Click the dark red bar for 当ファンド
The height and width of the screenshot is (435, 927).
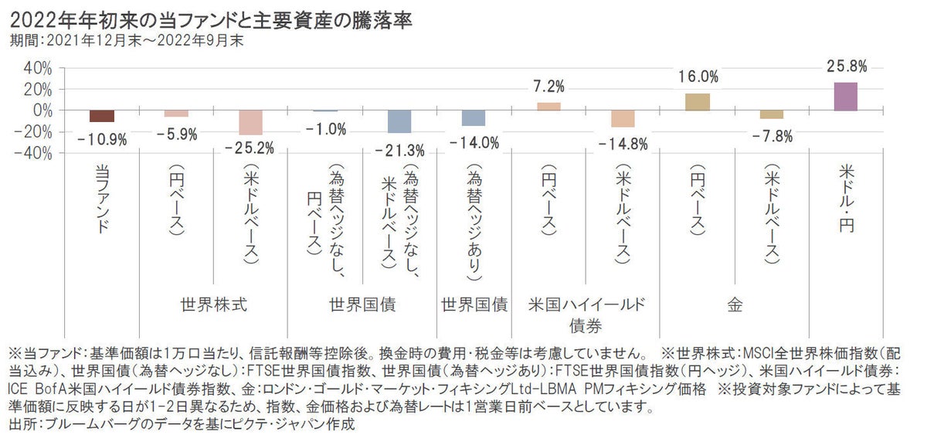tap(102, 116)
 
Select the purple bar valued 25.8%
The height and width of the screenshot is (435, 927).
tap(846, 97)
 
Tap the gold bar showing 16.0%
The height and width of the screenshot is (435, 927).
tap(697, 102)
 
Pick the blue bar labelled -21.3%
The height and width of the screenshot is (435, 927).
tap(399, 121)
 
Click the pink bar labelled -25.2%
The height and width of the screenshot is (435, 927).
tap(250, 123)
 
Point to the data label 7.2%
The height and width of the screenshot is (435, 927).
tap(548, 86)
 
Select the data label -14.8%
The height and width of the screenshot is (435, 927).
tap(623, 143)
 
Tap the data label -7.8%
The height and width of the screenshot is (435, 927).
tap(771, 136)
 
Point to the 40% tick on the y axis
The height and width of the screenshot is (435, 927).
tap(37, 68)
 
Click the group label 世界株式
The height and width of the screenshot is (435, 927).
tap(213, 304)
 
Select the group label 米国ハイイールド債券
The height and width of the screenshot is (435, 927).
tap(586, 312)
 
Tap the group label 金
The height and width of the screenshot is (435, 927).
tap(734, 304)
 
